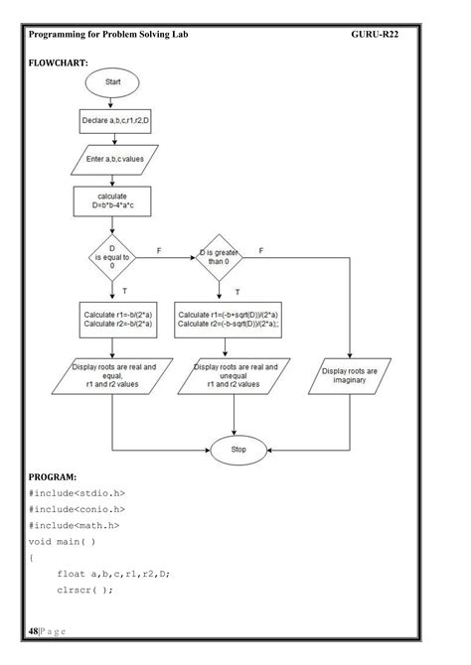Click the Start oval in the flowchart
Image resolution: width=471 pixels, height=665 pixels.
click(112, 84)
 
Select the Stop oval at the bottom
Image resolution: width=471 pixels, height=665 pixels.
click(237, 450)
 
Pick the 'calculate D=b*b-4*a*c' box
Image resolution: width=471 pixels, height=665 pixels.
click(112, 201)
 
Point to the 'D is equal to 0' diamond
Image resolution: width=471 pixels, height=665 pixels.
click(112, 260)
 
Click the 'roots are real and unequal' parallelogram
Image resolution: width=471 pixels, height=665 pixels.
click(233, 377)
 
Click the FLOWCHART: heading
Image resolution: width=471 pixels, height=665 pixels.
click(58, 63)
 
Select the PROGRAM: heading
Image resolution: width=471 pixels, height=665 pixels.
click(55, 476)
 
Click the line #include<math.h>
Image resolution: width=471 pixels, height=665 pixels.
click(74, 525)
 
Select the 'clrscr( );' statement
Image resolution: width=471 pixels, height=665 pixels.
click(84, 590)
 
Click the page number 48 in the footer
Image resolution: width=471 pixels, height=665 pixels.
click(34, 631)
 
